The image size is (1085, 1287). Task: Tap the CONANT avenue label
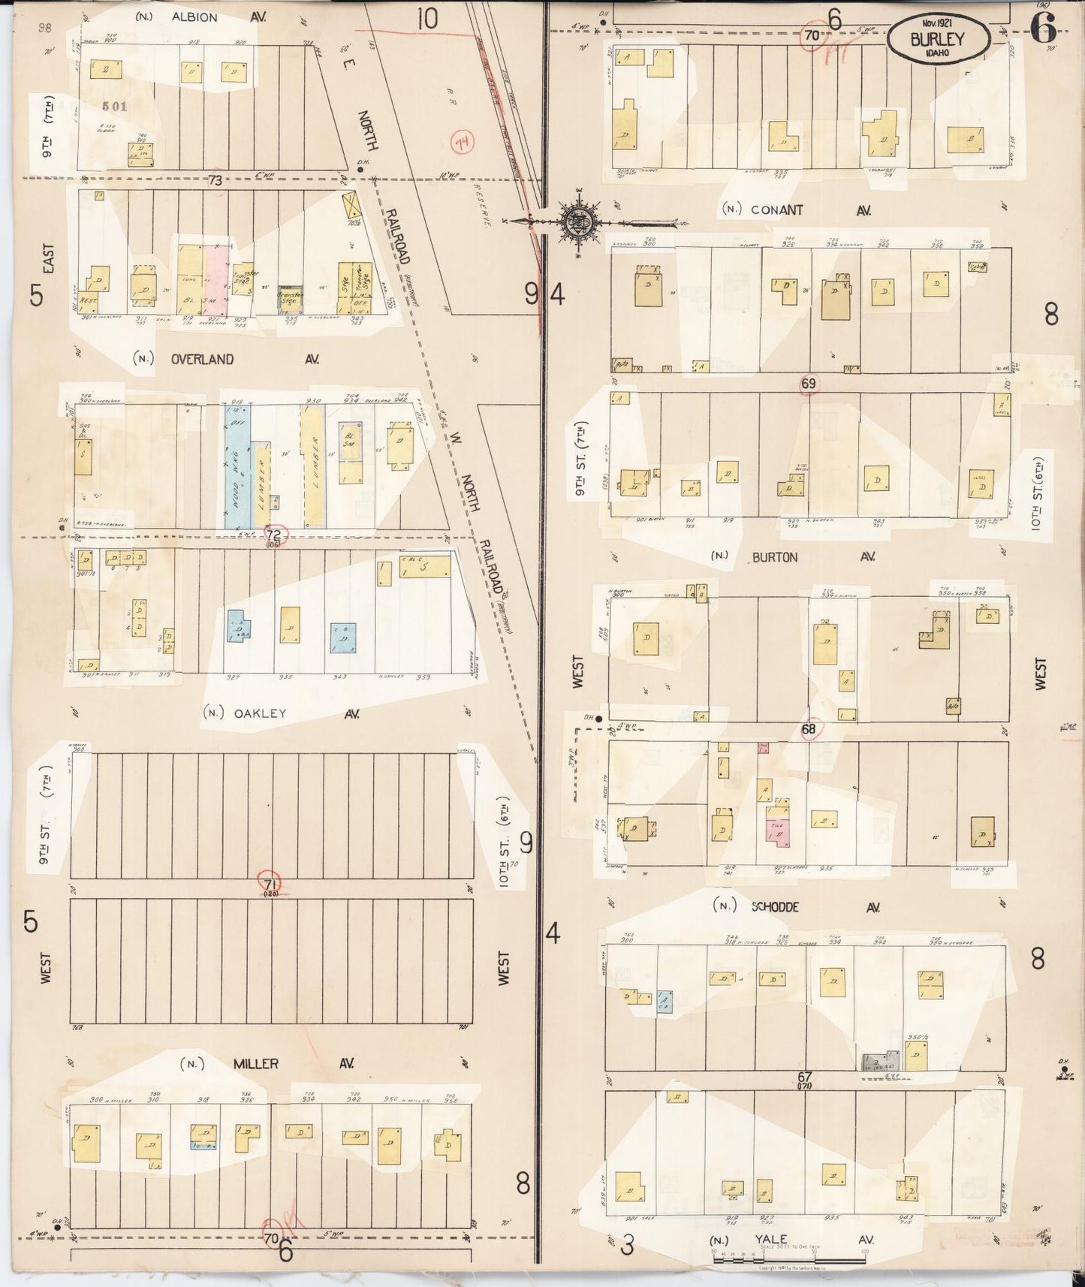click(777, 210)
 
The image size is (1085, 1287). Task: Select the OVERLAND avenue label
click(202, 359)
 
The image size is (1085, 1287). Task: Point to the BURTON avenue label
click(773, 557)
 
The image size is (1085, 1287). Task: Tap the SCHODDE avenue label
click(776, 907)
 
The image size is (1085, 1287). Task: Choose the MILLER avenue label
click(255, 1064)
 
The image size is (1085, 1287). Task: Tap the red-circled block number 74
click(460, 143)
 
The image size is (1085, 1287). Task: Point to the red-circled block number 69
click(809, 384)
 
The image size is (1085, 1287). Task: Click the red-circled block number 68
click(809, 729)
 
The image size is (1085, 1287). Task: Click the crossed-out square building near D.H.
click(350, 203)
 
